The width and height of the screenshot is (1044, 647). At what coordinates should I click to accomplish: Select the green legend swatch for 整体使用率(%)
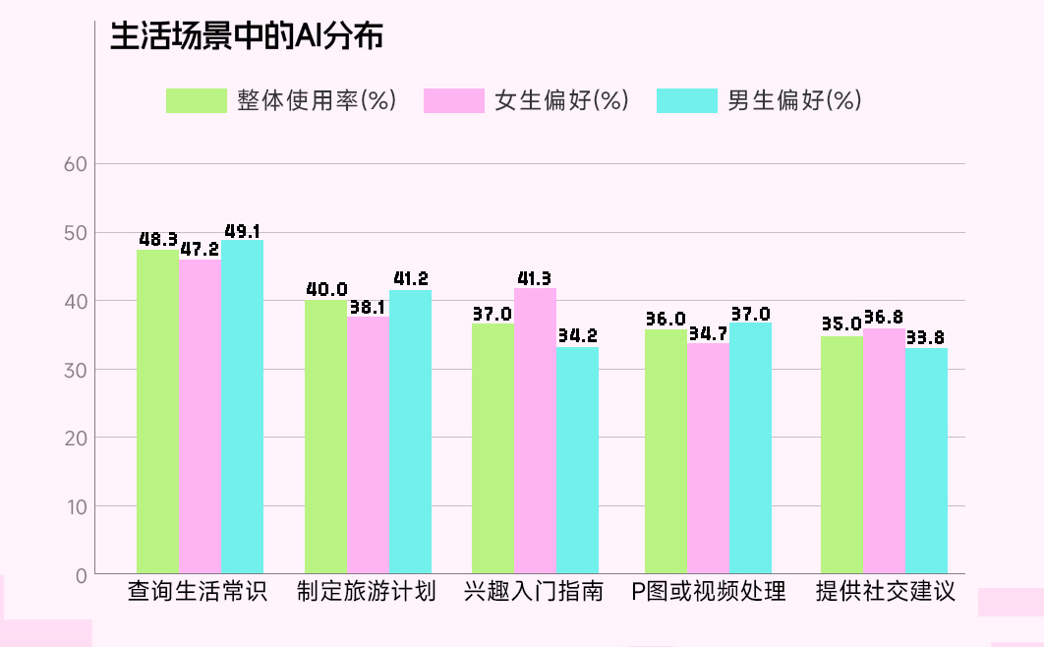click(196, 100)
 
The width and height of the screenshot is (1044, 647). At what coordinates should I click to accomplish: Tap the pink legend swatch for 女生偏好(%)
click(454, 100)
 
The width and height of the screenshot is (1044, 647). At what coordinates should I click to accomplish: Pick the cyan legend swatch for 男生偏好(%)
click(686, 100)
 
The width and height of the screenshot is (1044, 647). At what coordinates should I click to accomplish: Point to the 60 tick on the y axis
click(77, 164)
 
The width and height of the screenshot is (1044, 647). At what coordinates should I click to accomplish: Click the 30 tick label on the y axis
click(77, 370)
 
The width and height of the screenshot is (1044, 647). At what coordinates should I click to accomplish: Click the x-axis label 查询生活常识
click(198, 592)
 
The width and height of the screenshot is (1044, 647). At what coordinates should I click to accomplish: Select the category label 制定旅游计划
click(367, 592)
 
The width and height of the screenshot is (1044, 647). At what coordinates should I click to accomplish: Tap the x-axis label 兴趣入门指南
click(534, 592)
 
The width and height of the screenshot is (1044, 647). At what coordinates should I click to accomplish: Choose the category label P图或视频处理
click(708, 592)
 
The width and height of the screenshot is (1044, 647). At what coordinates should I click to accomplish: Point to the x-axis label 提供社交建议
click(885, 592)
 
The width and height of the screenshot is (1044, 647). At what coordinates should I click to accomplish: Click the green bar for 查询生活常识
click(157, 413)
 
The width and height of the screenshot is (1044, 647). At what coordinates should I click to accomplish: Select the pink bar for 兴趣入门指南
click(535, 433)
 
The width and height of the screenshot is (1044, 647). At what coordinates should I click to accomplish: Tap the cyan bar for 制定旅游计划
click(410, 433)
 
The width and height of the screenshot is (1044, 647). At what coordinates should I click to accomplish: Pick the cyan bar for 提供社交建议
click(926, 462)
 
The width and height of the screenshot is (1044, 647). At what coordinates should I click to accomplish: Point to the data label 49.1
click(242, 231)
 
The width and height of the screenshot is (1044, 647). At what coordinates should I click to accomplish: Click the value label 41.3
click(534, 278)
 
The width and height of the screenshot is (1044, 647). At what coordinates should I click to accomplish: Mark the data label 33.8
click(925, 338)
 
